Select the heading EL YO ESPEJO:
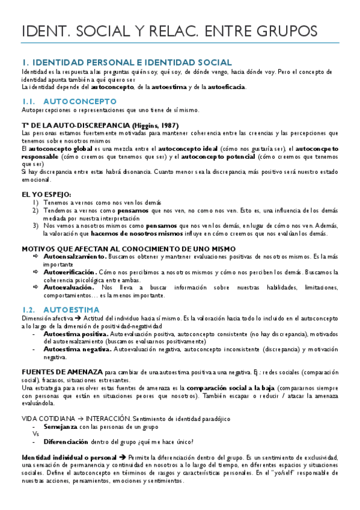pos(46,194)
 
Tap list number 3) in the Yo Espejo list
pos(35,226)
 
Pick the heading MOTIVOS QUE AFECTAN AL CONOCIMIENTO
pos(120,248)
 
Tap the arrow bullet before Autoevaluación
pos(36,288)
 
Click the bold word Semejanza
pos(61,426)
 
